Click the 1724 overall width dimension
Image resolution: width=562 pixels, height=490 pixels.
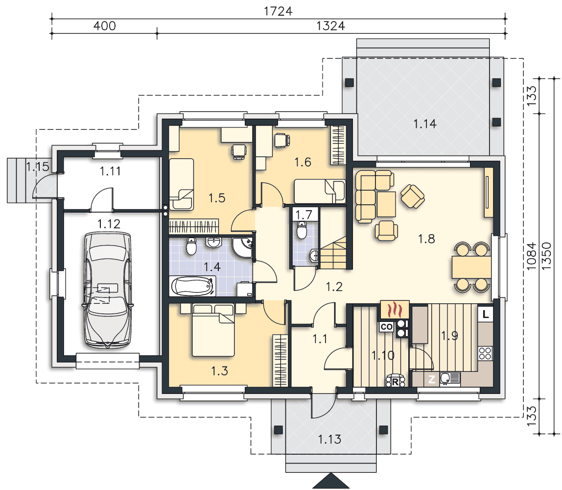click(278, 11)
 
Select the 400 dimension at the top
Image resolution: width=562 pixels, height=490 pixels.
click(104, 26)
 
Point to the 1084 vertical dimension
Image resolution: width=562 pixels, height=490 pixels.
click(531, 256)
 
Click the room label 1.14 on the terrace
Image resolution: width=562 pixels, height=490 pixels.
click(425, 124)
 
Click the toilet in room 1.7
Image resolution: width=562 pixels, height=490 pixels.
click(302, 230)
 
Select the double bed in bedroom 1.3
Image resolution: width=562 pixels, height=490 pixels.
click(213, 330)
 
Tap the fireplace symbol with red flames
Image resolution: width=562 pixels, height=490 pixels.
click(394, 309)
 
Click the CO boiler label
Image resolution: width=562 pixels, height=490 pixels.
click(386, 327)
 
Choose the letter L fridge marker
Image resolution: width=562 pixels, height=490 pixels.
click(486, 315)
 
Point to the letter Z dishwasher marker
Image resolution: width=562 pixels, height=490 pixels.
click(432, 379)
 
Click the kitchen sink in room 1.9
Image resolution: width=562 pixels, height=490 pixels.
click(449, 378)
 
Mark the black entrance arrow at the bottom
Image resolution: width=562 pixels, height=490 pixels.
click(331, 481)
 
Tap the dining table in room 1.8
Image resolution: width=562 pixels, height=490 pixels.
click(471, 267)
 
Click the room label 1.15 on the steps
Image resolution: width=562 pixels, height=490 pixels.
click(37, 167)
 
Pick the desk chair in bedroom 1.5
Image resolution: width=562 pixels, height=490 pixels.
click(239, 151)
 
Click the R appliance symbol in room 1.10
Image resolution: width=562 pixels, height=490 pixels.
click(396, 381)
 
